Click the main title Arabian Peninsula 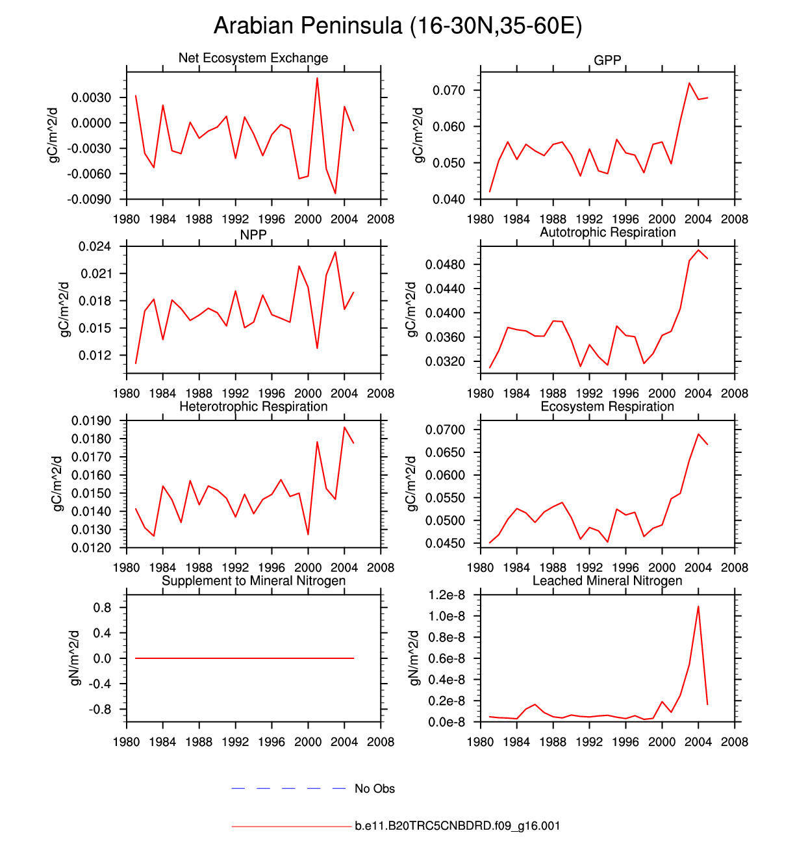pyautogui.click(x=397, y=26)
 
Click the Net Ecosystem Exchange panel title pyautogui.click(x=253, y=58)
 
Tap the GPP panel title pyautogui.click(x=607, y=60)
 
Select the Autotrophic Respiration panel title pyautogui.click(x=607, y=233)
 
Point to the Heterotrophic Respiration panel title pyautogui.click(x=253, y=407)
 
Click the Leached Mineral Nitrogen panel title pyautogui.click(x=607, y=581)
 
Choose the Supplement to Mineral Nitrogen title pyautogui.click(x=253, y=581)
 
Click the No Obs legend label pyautogui.click(x=375, y=789)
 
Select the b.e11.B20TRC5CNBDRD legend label pyautogui.click(x=457, y=826)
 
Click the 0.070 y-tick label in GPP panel pyautogui.click(x=449, y=90)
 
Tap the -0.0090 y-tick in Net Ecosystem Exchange pyautogui.click(x=89, y=200)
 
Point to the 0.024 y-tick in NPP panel pyautogui.click(x=95, y=247)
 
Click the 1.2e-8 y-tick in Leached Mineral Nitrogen pyautogui.click(x=446, y=595)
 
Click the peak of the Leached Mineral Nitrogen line pyautogui.click(x=698, y=606)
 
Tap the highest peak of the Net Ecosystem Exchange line pyautogui.click(x=317, y=78)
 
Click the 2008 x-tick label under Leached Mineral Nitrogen pyautogui.click(x=735, y=742)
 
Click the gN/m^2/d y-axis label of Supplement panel pyautogui.click(x=75, y=658)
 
